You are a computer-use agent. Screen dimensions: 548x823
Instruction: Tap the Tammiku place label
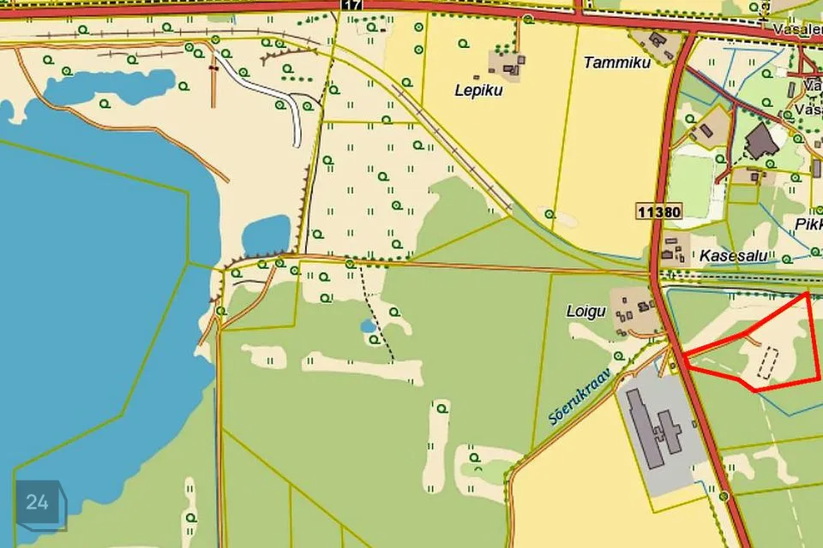(x=617, y=62)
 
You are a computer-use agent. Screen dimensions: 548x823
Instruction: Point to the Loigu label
(x=587, y=310)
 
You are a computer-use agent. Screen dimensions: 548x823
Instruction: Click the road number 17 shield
(x=352, y=4)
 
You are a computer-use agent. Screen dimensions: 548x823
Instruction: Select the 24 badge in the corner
(x=36, y=503)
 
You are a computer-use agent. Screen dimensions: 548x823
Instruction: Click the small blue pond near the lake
(x=266, y=233)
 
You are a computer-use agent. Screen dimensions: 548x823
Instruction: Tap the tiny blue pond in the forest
(x=368, y=326)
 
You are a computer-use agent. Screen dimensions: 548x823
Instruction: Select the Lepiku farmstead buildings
(x=507, y=63)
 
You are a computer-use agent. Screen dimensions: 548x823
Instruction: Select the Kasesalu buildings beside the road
(x=673, y=248)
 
